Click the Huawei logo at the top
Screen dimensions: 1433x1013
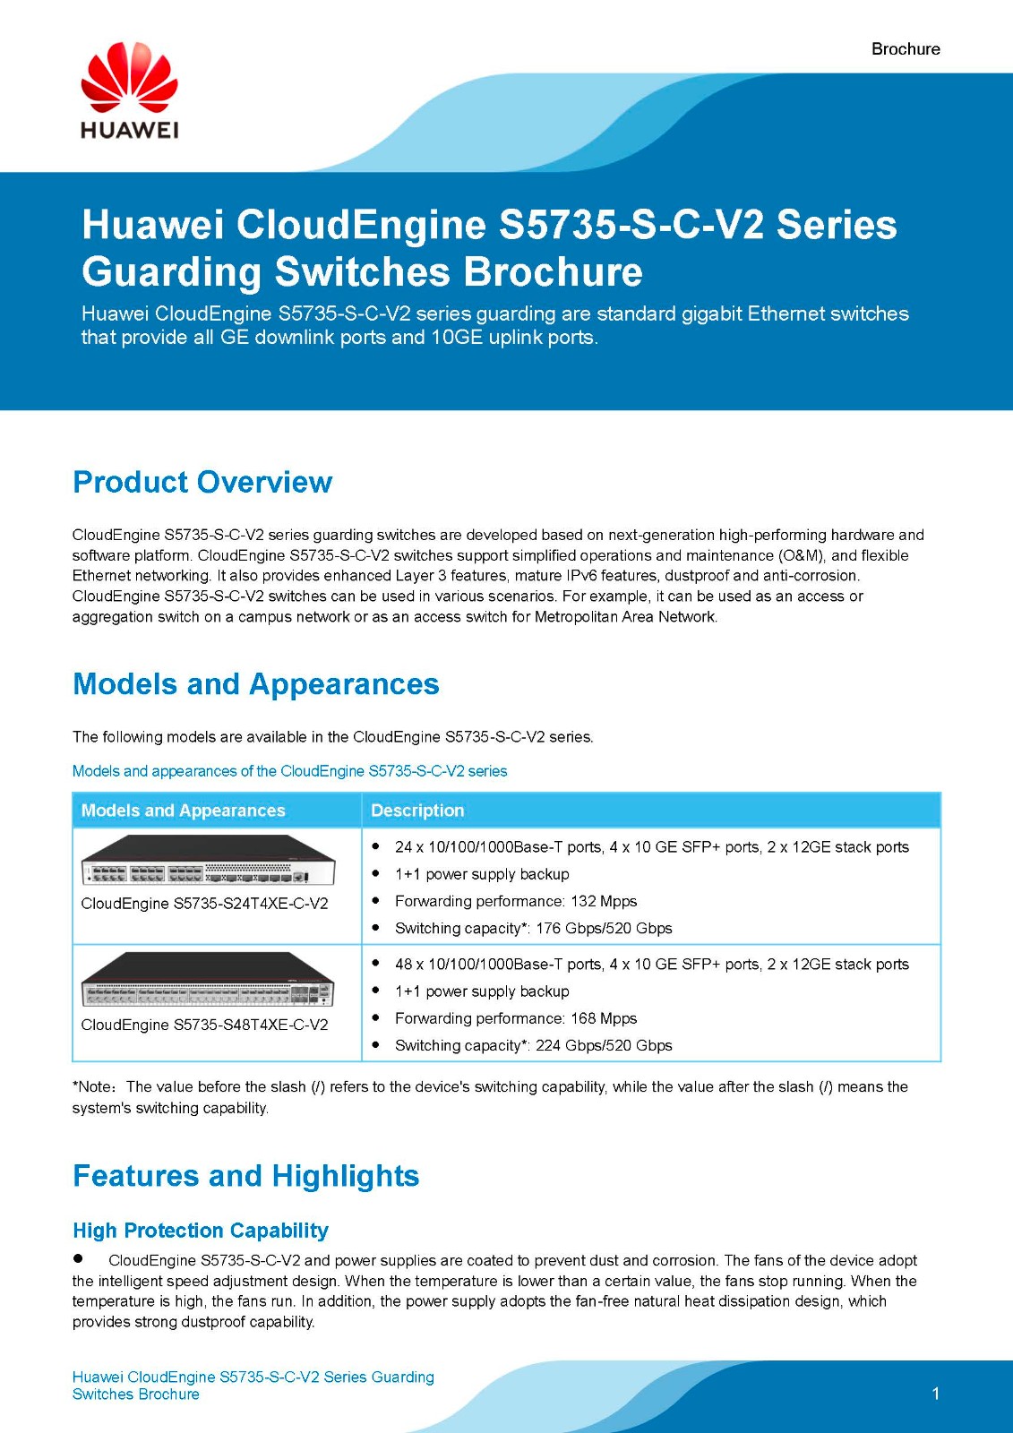point(129,90)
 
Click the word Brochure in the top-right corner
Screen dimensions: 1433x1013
point(906,49)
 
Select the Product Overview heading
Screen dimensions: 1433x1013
point(202,482)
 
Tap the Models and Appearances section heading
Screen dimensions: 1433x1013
point(256,684)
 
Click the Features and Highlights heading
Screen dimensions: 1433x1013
point(245,1176)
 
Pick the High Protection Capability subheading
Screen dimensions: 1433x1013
point(201,1231)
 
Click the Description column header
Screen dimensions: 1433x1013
point(417,811)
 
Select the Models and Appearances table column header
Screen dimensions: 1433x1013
point(183,811)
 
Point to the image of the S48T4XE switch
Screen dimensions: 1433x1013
point(208,980)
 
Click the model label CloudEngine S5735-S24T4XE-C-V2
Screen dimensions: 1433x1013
point(204,904)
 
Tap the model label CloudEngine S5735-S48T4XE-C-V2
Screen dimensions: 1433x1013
point(204,1025)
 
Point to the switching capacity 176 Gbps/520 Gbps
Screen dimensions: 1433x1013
point(604,929)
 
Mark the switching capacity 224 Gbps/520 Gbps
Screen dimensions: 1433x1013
point(604,1045)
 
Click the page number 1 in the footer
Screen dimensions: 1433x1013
point(936,1394)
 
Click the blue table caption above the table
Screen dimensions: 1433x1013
point(289,771)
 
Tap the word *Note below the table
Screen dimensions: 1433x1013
point(92,1087)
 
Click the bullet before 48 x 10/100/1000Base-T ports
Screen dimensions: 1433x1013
point(376,963)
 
